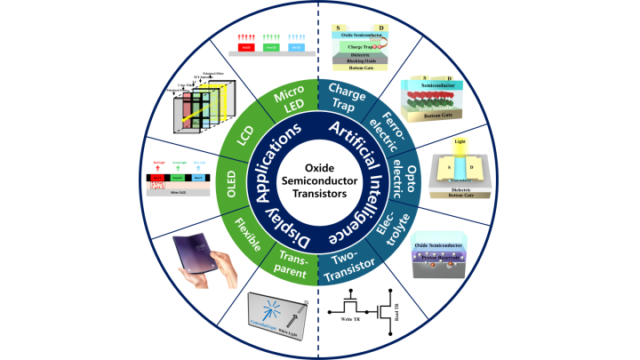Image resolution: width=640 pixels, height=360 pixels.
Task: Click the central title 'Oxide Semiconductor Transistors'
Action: click(x=319, y=180)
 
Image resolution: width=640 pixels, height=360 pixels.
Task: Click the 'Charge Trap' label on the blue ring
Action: click(x=349, y=100)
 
